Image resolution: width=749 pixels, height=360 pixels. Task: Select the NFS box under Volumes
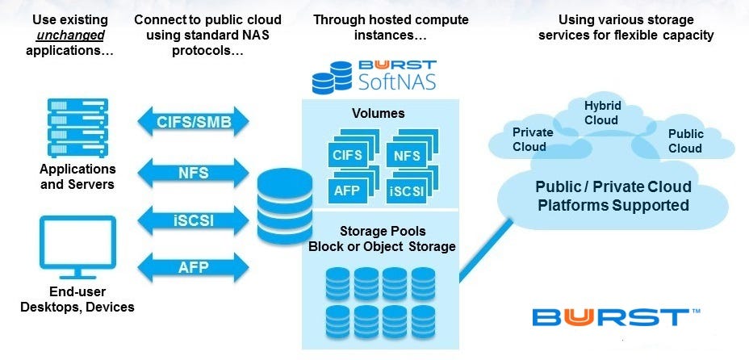click(x=406, y=153)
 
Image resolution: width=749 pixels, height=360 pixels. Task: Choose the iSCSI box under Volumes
click(x=406, y=191)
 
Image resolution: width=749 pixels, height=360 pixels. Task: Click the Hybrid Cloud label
click(x=601, y=113)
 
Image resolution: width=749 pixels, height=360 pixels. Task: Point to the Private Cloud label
click(x=533, y=140)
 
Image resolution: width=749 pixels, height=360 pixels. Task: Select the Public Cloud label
click(x=685, y=141)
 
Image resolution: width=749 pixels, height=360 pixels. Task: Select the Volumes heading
click(x=379, y=113)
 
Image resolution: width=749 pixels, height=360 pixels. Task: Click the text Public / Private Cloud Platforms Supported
click(x=613, y=196)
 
